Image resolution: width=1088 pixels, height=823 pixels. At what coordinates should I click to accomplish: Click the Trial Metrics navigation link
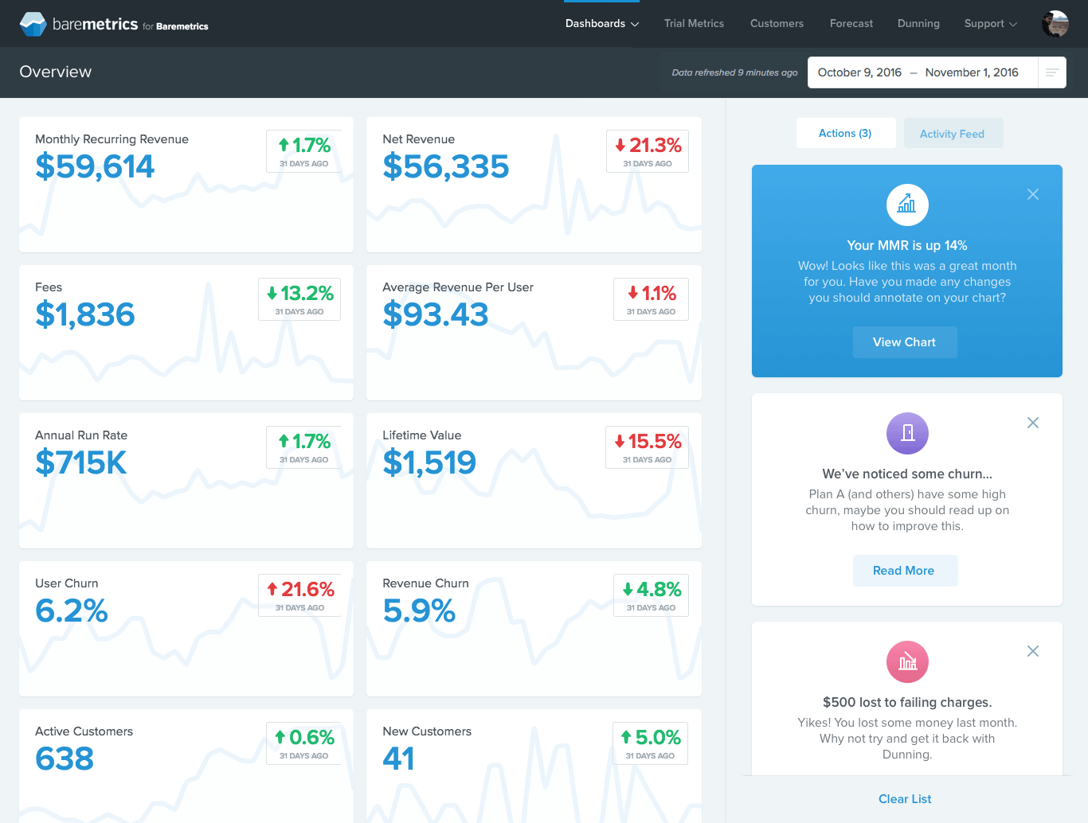click(694, 24)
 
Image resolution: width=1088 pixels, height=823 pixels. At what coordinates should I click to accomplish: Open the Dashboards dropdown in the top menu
click(601, 24)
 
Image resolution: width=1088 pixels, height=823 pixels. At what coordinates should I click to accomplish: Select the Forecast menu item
click(851, 24)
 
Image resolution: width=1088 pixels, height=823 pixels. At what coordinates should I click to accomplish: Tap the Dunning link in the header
click(918, 24)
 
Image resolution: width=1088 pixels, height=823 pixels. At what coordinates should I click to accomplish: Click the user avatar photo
click(1055, 24)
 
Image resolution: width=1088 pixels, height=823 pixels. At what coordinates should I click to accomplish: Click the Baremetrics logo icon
click(33, 24)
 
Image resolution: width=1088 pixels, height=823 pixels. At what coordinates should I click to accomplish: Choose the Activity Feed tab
click(952, 134)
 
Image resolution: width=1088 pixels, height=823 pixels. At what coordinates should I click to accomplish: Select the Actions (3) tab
click(845, 134)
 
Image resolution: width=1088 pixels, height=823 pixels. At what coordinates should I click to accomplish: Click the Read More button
click(904, 571)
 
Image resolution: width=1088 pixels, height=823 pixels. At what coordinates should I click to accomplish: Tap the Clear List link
click(905, 799)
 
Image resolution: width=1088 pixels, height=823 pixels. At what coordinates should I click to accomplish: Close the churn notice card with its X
click(1033, 423)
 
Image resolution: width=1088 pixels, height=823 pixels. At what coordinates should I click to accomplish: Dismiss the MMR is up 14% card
click(1033, 194)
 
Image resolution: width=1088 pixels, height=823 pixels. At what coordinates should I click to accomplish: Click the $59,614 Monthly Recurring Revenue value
click(95, 166)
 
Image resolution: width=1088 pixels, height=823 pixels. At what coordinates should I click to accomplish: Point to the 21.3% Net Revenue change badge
click(648, 151)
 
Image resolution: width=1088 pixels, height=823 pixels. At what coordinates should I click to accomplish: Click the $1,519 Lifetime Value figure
click(429, 462)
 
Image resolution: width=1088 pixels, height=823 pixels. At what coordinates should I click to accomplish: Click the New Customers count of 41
click(398, 759)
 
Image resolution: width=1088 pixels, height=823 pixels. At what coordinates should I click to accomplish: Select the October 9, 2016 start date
click(859, 72)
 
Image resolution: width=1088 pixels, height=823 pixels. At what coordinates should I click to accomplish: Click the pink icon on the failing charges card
click(907, 661)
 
